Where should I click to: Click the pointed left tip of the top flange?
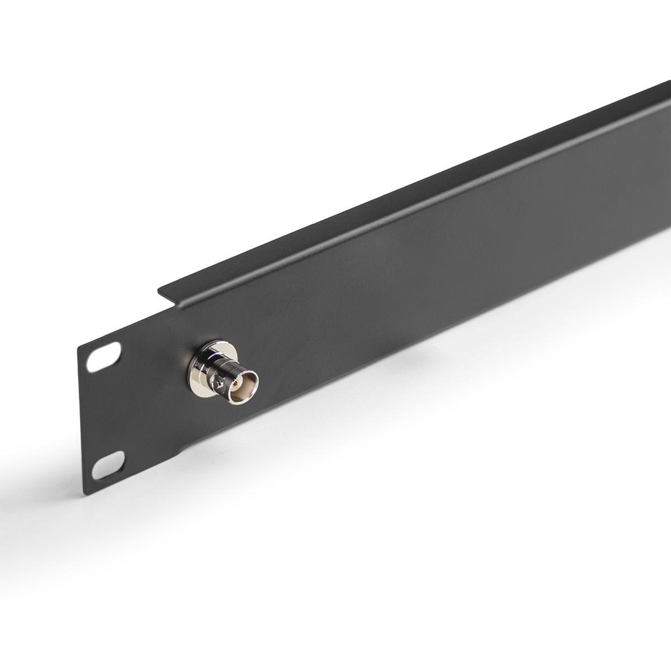click(x=159, y=290)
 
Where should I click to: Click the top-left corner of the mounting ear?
click(x=79, y=348)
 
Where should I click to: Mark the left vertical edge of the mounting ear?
click(x=82, y=419)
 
